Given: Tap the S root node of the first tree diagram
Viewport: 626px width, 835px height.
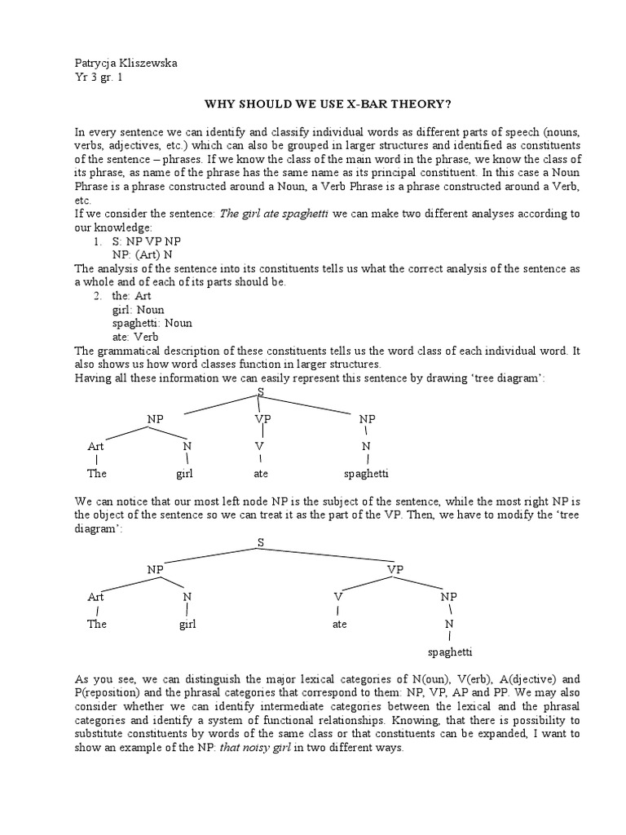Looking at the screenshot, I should pos(261,392).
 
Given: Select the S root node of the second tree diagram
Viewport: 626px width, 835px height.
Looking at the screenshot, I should pos(261,541).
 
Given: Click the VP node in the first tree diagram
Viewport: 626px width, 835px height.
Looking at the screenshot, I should pos(262,418).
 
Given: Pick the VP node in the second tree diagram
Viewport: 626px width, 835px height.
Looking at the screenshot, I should pos(395,569).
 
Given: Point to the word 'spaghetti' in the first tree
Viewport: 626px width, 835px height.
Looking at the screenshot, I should pos(366,473).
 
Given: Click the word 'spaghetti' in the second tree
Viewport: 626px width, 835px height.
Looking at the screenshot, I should pos(450,652).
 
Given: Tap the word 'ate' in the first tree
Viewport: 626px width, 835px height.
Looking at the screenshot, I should pos(261,473).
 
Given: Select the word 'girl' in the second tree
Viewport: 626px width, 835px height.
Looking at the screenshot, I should pos(188,625).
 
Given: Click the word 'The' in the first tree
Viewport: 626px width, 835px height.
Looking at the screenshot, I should pos(97,473).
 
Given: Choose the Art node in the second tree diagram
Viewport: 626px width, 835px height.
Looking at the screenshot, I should pos(96,597).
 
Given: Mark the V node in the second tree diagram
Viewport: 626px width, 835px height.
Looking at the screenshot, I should pos(337,597).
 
